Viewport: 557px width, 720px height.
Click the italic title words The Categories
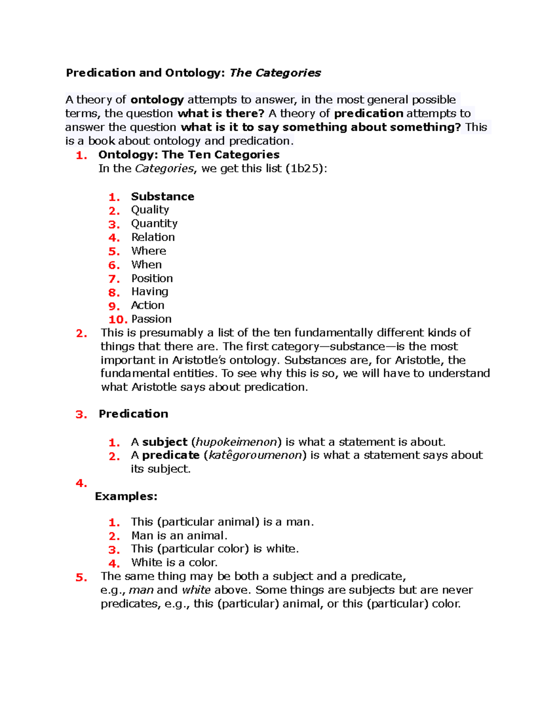(275, 73)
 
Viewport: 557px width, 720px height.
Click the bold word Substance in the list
(162, 197)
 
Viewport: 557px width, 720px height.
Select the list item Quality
(150, 210)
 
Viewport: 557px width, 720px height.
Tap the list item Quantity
(154, 223)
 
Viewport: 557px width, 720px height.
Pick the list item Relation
(153, 237)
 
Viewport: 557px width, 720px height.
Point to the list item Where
(149, 251)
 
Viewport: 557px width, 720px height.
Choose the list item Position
(152, 278)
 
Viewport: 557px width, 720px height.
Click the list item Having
(149, 292)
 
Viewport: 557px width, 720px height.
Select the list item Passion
(151, 319)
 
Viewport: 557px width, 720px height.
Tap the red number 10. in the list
(118, 319)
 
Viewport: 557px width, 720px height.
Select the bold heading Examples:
(126, 497)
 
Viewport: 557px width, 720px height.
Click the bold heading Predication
(133, 414)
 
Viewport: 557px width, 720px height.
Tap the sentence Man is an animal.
(179, 536)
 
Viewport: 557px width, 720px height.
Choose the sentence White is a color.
(174, 563)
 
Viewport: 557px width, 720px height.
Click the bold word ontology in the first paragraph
(157, 100)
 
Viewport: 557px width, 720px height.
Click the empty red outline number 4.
(81, 484)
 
